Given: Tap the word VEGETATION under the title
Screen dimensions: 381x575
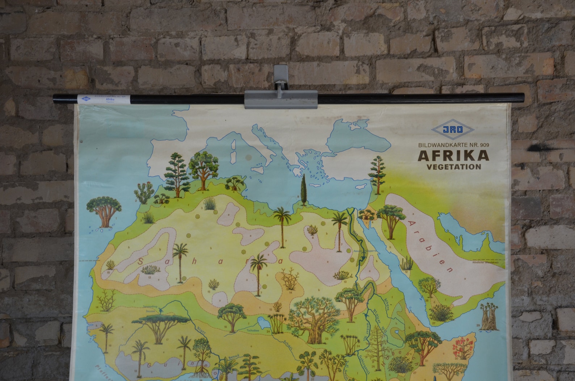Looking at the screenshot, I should tap(454, 167).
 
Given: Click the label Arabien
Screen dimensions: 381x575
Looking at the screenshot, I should tap(431, 247).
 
